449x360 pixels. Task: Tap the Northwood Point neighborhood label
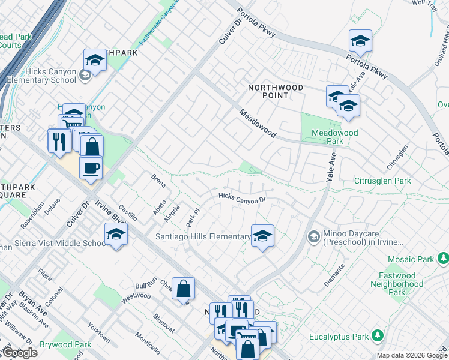(276, 91)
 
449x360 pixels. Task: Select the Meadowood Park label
(334, 137)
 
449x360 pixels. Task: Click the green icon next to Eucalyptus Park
(378, 334)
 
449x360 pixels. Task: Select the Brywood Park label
(65, 344)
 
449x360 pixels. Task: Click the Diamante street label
(334, 274)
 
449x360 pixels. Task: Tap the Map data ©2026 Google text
(412, 355)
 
